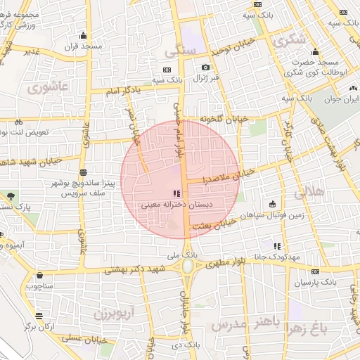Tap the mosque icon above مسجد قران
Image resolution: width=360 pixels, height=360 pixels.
click(83, 35)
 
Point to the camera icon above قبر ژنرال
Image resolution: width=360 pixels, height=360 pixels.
click(206, 67)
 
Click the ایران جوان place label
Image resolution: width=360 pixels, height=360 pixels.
click(340, 101)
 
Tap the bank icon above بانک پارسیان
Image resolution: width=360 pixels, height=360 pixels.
click(314, 271)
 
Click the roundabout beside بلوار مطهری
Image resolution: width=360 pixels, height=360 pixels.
click(188, 266)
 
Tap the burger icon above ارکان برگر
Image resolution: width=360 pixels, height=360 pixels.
click(39, 315)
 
